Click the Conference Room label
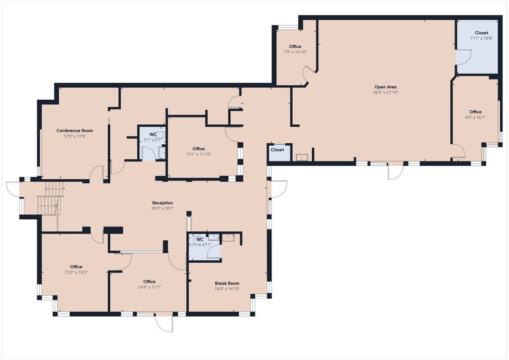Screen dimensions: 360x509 tap(75, 130)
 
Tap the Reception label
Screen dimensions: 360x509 tap(162, 203)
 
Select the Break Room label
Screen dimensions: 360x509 tap(227, 283)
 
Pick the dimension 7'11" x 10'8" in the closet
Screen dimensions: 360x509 tap(481, 38)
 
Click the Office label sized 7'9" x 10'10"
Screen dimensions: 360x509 tap(295, 47)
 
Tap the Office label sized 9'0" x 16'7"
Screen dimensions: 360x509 tap(475, 111)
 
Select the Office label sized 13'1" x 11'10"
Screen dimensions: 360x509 tap(198, 149)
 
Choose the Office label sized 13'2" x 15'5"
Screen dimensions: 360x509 tap(76, 266)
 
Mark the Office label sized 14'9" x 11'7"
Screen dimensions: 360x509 tap(149, 282)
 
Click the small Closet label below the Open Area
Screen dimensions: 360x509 tap(277, 149)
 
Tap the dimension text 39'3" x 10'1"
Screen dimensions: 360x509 tap(162, 208)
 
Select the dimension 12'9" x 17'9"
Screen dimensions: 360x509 tap(75, 136)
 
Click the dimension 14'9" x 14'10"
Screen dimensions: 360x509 tap(227, 288)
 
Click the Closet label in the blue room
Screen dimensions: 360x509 tap(481, 32)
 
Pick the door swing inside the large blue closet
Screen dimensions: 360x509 tap(464, 56)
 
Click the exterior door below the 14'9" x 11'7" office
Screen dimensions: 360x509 tap(164, 323)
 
